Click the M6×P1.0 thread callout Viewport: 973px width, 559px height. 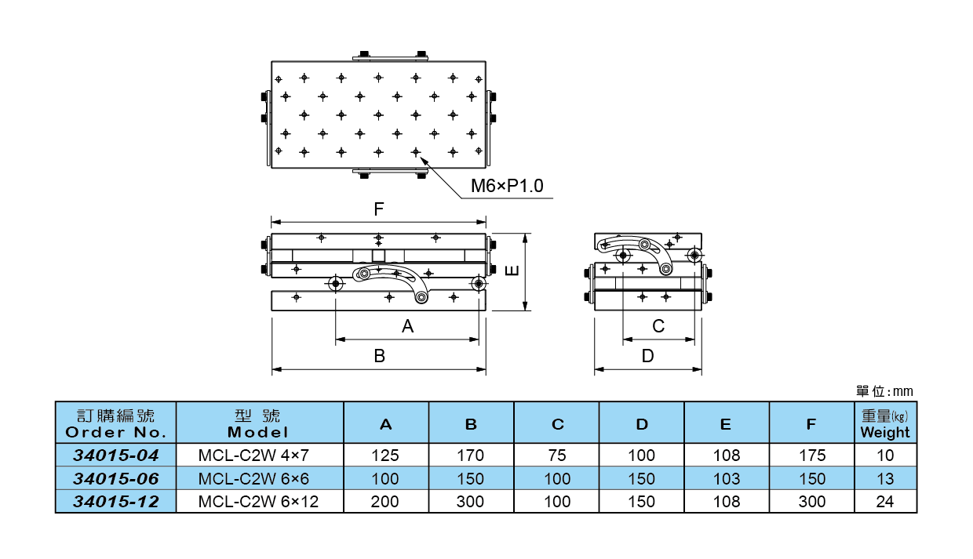[x=506, y=186]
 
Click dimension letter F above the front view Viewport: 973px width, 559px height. [x=378, y=209]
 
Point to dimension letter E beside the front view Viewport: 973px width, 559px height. [x=511, y=270]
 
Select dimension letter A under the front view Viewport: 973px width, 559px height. [x=407, y=327]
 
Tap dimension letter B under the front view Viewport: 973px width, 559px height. [x=379, y=356]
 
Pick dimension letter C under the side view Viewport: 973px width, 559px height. [x=658, y=326]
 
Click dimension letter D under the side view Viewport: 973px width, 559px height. [x=647, y=356]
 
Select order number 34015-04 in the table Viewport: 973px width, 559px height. [x=115, y=455]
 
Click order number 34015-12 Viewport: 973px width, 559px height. [x=115, y=502]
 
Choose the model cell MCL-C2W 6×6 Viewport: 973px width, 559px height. [x=259, y=478]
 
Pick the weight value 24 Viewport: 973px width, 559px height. [x=884, y=502]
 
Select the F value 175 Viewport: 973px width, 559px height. [x=811, y=455]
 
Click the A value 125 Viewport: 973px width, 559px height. [x=385, y=455]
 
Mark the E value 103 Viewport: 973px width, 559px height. [x=726, y=478]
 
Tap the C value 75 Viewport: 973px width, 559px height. [x=557, y=455]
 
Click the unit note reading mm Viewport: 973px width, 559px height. [x=884, y=391]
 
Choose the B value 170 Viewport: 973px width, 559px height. [x=470, y=455]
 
